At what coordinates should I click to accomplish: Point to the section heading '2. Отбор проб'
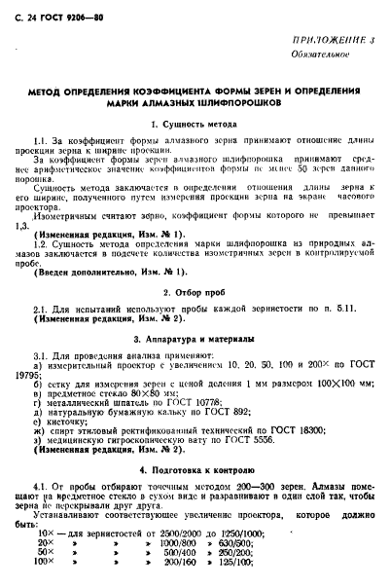pos(195,292)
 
